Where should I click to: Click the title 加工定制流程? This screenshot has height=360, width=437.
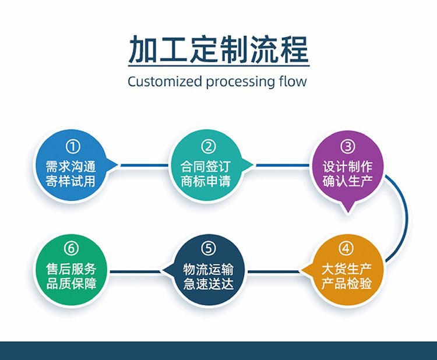tap(218, 49)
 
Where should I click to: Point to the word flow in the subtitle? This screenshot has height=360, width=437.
tap(290, 81)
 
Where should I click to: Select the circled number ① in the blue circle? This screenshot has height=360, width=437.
tap(72, 146)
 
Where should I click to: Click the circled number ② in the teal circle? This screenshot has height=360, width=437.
tap(208, 146)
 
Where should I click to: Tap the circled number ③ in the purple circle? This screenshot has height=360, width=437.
tap(347, 146)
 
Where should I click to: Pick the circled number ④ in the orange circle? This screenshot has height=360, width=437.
tap(347, 249)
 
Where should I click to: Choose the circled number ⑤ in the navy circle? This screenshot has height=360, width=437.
tap(208, 249)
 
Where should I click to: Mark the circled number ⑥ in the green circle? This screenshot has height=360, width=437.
tap(72, 249)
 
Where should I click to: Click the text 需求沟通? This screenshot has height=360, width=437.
tap(72, 166)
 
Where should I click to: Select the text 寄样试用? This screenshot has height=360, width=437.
tap(72, 181)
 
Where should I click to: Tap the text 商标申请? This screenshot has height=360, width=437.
tap(208, 181)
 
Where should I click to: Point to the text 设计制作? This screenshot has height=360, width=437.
tap(347, 166)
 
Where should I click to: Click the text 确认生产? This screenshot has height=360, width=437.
tap(347, 181)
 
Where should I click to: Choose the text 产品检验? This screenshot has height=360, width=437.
tap(347, 284)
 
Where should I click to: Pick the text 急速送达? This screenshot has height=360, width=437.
tap(208, 284)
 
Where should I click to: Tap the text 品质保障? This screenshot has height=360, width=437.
tap(72, 284)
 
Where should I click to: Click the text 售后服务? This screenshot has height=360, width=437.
tap(72, 269)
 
